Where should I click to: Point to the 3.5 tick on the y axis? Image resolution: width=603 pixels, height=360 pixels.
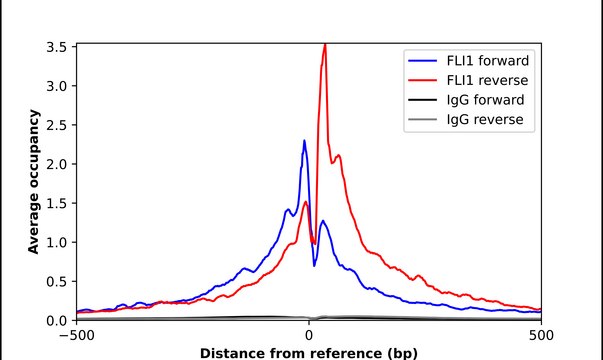(x=58, y=47)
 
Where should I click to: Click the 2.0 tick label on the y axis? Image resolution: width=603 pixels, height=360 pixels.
(x=58, y=164)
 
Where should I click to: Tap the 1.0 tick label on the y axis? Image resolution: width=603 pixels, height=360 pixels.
(x=58, y=242)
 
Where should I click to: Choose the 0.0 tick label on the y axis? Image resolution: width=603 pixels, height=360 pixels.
(x=58, y=320)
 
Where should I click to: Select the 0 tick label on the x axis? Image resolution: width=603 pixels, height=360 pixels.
(x=309, y=335)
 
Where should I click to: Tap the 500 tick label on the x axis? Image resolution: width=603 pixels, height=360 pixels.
(x=541, y=335)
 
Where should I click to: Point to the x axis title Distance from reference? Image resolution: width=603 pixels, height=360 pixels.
(x=309, y=352)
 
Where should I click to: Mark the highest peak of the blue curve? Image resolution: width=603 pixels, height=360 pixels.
(x=304, y=141)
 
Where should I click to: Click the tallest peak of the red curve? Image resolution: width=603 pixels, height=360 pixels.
(x=324, y=45)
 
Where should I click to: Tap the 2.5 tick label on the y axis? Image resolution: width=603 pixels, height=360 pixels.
(x=58, y=125)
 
